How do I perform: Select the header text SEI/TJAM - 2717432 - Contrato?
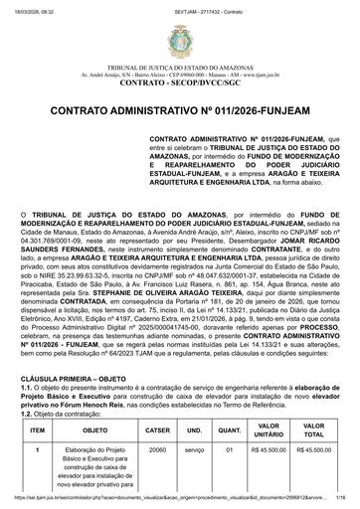[181, 7]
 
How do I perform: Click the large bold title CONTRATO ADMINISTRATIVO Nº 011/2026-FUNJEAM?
[180, 111]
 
